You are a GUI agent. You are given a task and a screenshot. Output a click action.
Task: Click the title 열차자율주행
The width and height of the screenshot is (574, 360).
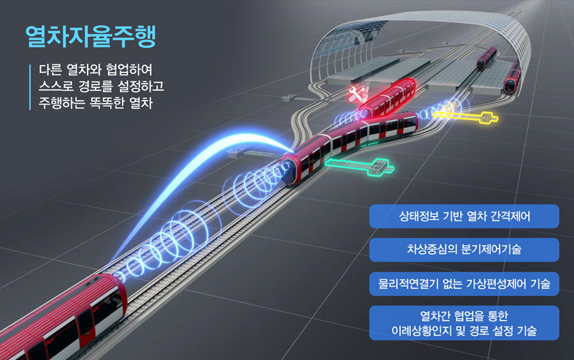coord(91,36)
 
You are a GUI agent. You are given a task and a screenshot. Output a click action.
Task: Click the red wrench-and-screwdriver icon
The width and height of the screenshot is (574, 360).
coord(355,94)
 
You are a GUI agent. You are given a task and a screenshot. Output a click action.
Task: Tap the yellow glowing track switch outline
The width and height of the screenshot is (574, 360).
coord(466,117)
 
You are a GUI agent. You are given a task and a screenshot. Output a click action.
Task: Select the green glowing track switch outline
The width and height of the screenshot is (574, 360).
coord(360,167)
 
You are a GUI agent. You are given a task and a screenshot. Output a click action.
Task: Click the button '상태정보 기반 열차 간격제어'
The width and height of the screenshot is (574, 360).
coord(464,216)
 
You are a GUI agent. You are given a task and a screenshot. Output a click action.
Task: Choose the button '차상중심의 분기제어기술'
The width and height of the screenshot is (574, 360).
coord(464,250)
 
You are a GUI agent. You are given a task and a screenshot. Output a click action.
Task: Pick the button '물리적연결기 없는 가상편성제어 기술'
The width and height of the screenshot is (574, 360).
coord(464,284)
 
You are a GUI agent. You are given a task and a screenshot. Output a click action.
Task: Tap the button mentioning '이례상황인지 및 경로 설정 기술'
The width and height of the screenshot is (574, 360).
coord(464,323)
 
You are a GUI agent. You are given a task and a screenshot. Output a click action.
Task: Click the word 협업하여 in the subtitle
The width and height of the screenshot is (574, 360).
coord(129,69)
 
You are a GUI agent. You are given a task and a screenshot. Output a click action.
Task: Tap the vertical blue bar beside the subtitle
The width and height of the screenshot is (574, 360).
coord(30,87)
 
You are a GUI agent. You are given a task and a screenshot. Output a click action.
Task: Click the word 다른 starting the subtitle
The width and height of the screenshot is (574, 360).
coord(50,69)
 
